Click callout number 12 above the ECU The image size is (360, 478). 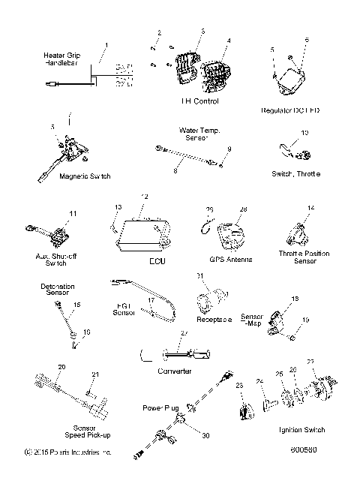point(145,196)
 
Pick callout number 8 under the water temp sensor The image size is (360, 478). point(175,171)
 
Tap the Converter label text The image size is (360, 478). point(175,371)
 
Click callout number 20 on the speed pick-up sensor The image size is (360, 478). point(61,365)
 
